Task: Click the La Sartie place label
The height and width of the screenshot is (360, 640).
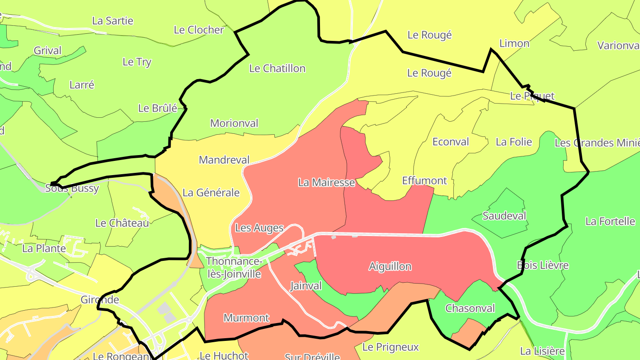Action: click(112, 21)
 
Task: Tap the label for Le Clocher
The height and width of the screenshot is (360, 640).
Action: click(199, 30)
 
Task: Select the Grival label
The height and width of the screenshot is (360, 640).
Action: click(48, 51)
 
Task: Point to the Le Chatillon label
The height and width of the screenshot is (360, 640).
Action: click(277, 68)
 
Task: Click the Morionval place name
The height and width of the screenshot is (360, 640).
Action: click(234, 123)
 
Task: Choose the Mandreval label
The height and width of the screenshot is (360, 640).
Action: click(224, 160)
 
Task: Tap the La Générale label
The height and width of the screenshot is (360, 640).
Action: click(211, 192)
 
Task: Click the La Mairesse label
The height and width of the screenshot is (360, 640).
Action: click(327, 182)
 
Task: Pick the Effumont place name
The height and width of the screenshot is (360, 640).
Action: click(424, 180)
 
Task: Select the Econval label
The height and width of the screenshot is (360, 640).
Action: click(451, 142)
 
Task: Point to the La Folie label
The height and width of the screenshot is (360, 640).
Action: click(514, 142)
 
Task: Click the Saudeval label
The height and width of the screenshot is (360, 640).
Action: click(504, 216)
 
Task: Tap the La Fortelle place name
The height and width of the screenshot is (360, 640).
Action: click(610, 221)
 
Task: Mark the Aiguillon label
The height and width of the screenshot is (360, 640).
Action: click(390, 267)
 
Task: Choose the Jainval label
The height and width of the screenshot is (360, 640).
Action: click(306, 286)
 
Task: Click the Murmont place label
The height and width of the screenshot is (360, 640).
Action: click(246, 318)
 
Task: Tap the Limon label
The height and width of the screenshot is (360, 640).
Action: click(515, 44)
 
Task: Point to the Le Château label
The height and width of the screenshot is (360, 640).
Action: click(122, 223)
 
